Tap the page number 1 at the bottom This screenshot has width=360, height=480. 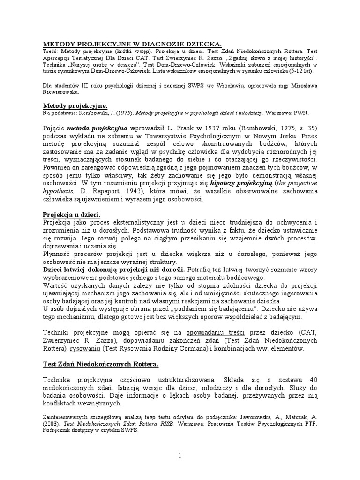pos(180,455)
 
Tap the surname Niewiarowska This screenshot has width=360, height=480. pos(65,92)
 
